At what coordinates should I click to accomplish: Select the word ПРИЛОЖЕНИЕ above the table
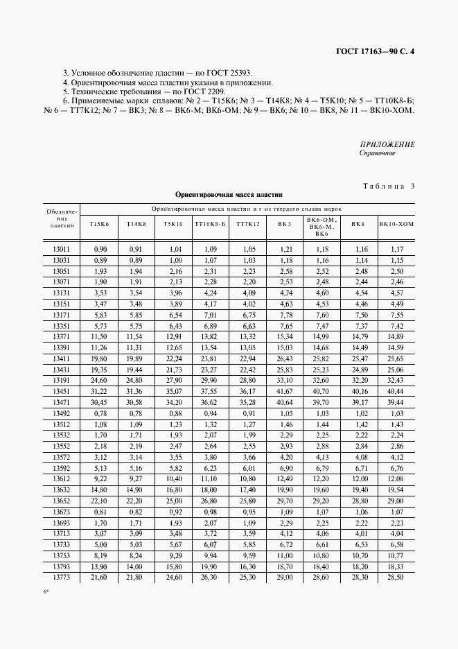387,144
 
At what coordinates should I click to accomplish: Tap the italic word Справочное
377,153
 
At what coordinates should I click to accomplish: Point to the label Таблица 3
388,185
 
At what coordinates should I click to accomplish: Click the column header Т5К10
173,224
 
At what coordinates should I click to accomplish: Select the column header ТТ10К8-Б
209,224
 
